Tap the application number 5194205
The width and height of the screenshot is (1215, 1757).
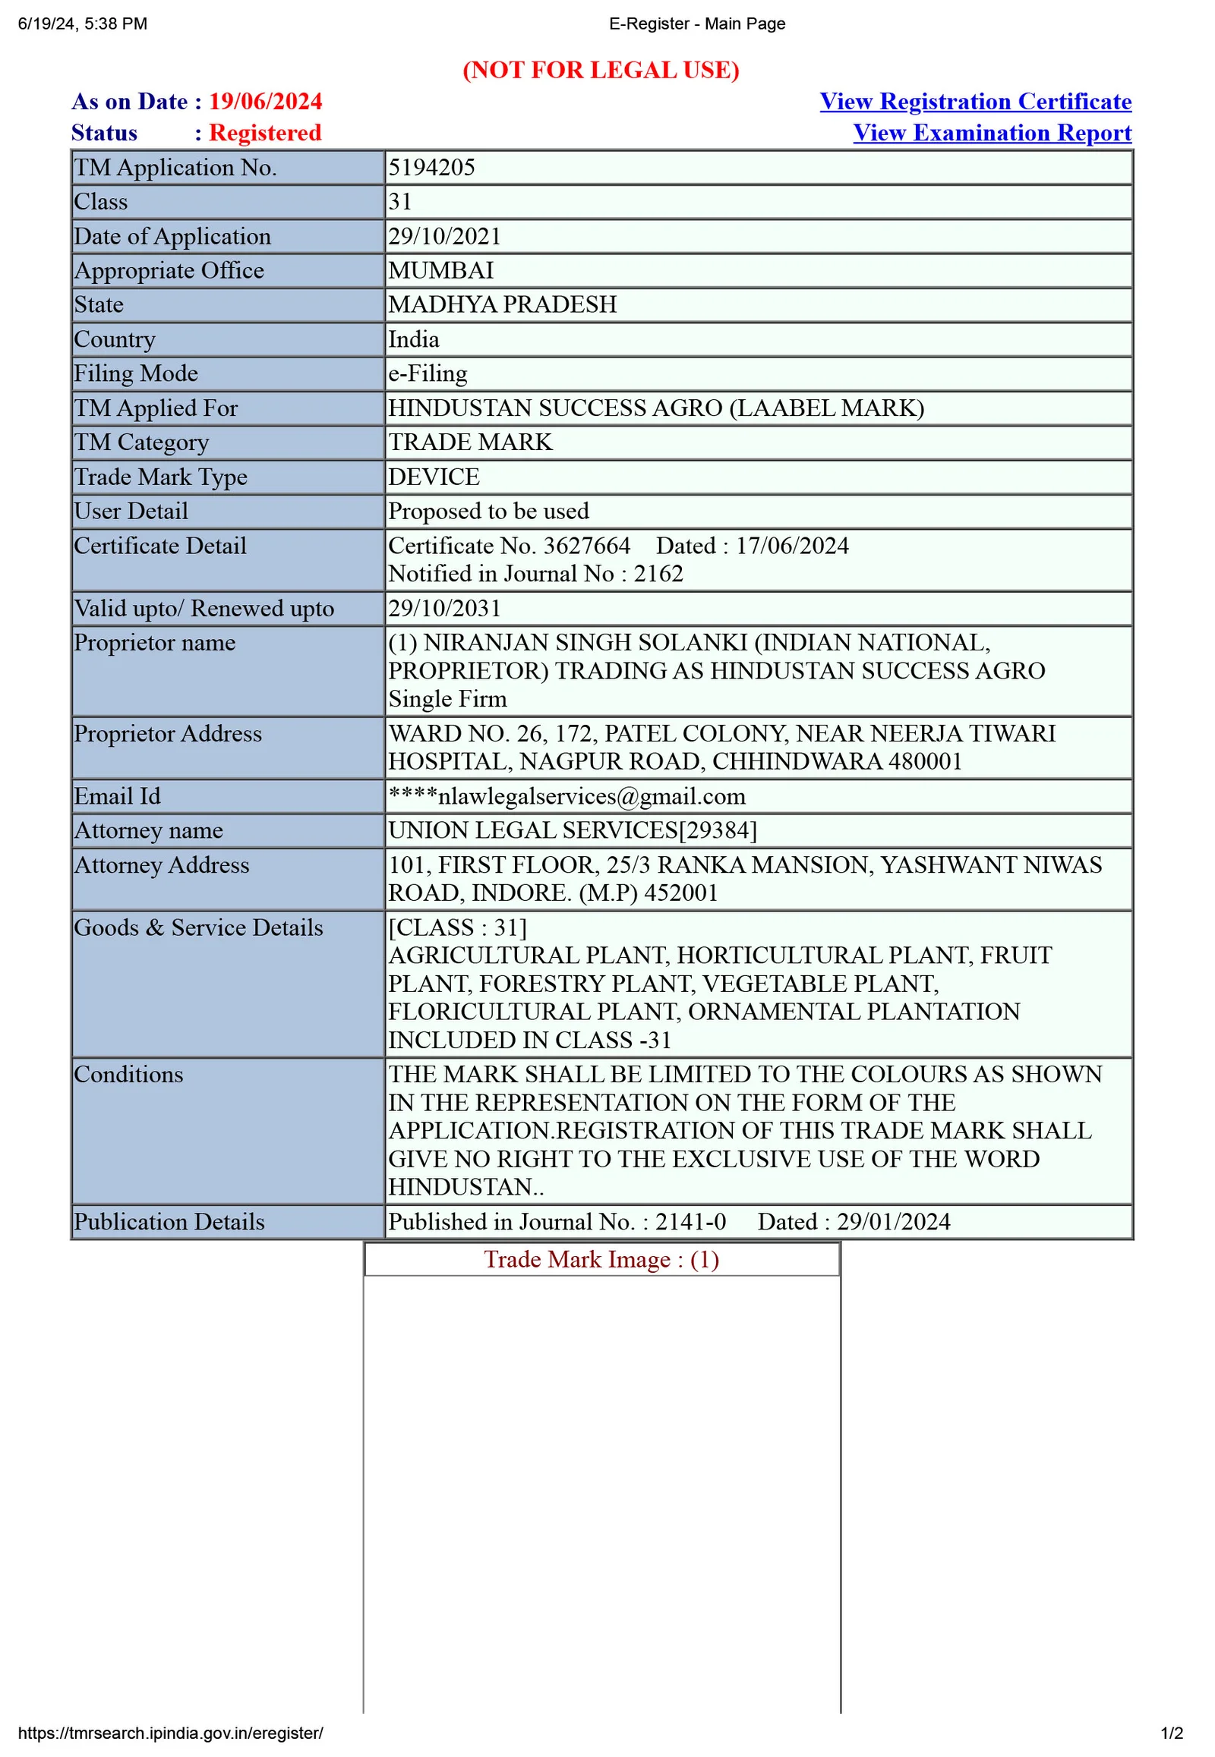point(431,168)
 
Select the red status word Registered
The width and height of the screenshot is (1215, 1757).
point(265,132)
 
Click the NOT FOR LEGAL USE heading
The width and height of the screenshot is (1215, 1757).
point(601,70)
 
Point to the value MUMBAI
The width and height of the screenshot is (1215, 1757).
point(440,270)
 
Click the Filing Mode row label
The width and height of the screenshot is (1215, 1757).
point(135,373)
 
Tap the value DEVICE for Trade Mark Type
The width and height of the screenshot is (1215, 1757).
point(434,477)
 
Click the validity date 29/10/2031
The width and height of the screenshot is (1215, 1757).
point(444,608)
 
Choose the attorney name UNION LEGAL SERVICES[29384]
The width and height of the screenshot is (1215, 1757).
point(573,830)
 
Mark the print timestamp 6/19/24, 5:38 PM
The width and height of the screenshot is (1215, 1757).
point(82,24)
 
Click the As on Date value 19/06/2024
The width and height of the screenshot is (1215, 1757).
point(265,101)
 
